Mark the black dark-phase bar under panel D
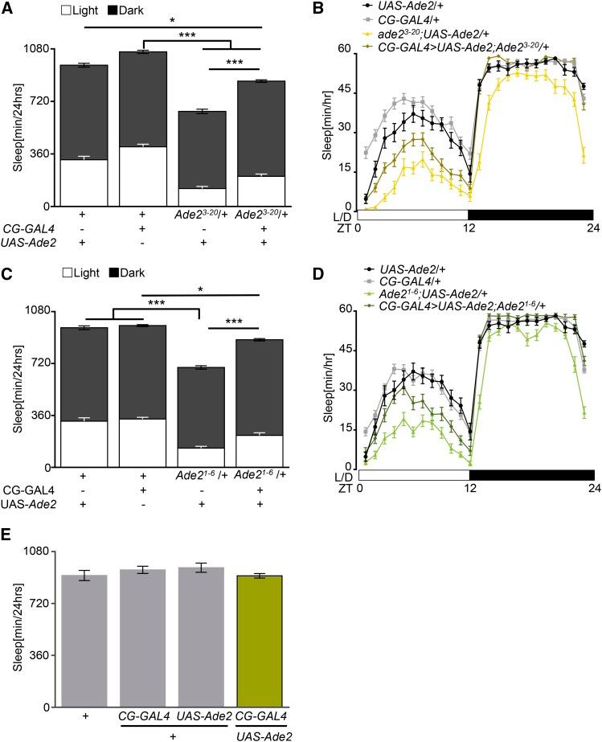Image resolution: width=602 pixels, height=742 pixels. (531, 475)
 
